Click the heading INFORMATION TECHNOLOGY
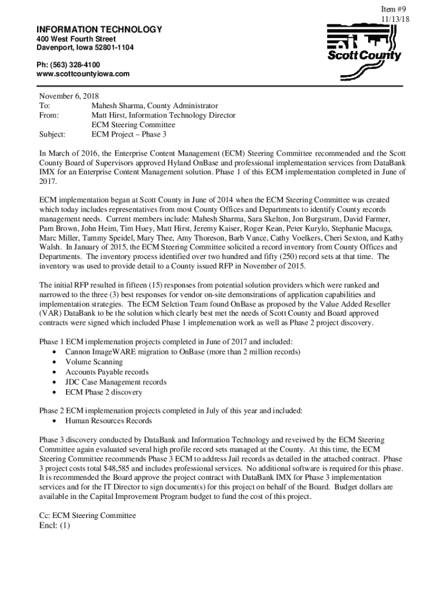[x=99, y=29]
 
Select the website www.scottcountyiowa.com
[x=83, y=74]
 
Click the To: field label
[x=45, y=106]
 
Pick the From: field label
[x=49, y=115]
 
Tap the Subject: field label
[x=52, y=134]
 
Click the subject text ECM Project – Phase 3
[x=129, y=134]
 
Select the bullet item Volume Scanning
[x=94, y=362]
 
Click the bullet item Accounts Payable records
[x=107, y=372]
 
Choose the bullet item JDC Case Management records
[x=116, y=382]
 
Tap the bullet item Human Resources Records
[x=109, y=421]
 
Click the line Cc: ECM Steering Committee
[x=87, y=515]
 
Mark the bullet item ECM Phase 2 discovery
[x=103, y=392]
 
